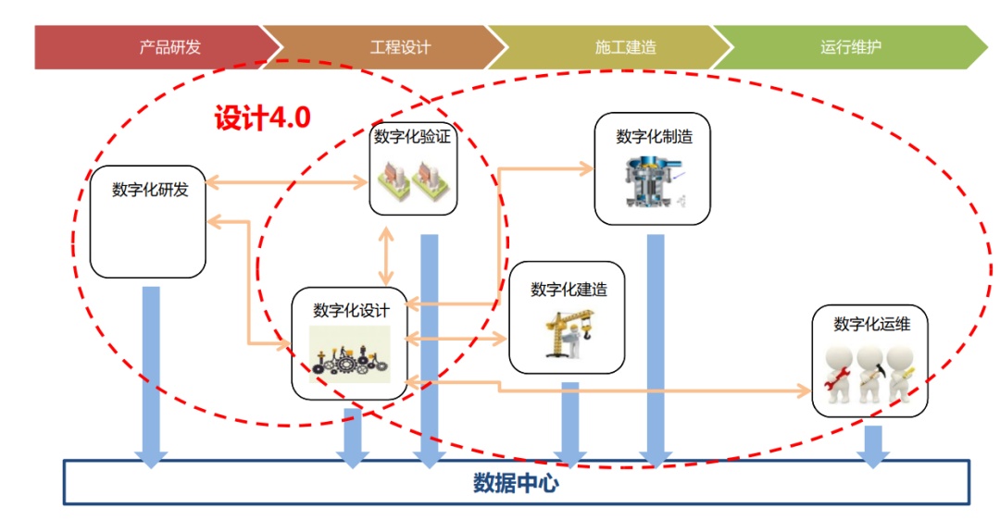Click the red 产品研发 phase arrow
[157, 47]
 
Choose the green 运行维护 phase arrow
[847, 47]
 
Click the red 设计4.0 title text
[262, 118]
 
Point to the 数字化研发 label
[149, 191]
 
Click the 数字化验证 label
[413, 137]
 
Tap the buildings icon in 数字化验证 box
[413, 180]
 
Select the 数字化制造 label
[654, 137]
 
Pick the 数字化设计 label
[351, 311]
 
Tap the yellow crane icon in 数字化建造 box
[567, 333]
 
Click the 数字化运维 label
[869, 324]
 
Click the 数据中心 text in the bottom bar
[516, 483]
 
